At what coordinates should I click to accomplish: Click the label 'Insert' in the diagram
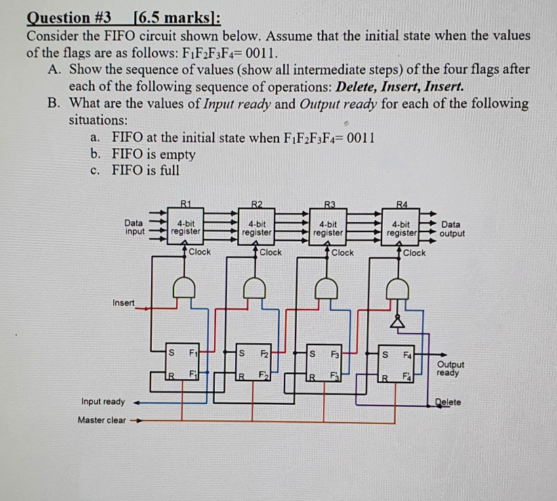[123, 303]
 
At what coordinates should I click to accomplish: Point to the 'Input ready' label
[103, 401]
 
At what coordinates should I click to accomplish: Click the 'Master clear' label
[102, 420]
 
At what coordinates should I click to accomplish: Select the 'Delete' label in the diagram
[448, 401]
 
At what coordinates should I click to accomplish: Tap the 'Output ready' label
[451, 368]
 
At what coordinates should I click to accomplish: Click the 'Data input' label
[133, 226]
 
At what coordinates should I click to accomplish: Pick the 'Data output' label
[453, 229]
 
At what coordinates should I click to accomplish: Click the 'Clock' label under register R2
[271, 252]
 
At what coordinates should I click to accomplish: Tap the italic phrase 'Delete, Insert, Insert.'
[400, 86]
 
